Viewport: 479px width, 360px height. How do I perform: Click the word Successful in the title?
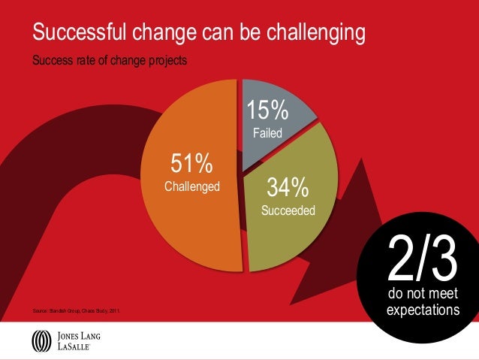80,33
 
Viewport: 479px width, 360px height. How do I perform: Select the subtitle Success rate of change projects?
110,60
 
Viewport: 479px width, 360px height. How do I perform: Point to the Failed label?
267,134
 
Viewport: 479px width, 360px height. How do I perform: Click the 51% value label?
192,163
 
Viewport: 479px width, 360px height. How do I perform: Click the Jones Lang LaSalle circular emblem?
41,341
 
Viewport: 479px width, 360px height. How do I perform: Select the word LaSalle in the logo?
74,347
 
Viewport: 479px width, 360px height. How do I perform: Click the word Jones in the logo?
69,335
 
